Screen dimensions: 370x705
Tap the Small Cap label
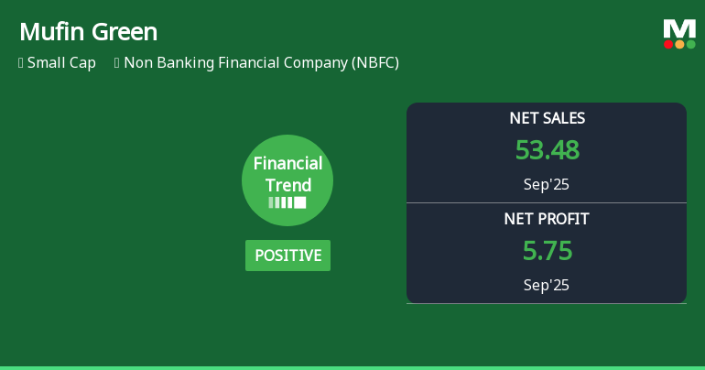[61, 63]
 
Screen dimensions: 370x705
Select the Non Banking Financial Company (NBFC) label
[261, 63]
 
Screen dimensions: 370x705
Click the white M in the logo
[679, 29]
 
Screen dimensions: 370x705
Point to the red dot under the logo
[668, 44]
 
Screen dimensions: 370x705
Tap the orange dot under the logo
[679, 44]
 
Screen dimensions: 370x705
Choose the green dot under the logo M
[690, 44]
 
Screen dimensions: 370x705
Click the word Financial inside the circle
[287, 164]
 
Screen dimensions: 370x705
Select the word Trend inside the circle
[287, 185]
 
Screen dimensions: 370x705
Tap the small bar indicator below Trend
[287, 202]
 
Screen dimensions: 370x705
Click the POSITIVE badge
[287, 256]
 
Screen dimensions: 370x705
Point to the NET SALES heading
[547, 118]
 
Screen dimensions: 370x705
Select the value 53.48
[547, 150]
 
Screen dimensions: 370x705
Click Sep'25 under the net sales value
[547, 184]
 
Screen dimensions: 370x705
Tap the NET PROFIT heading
[547, 219]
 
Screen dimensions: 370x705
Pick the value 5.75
[547, 251]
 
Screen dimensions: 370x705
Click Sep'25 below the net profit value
[547, 285]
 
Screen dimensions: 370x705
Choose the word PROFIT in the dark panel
[564, 219]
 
